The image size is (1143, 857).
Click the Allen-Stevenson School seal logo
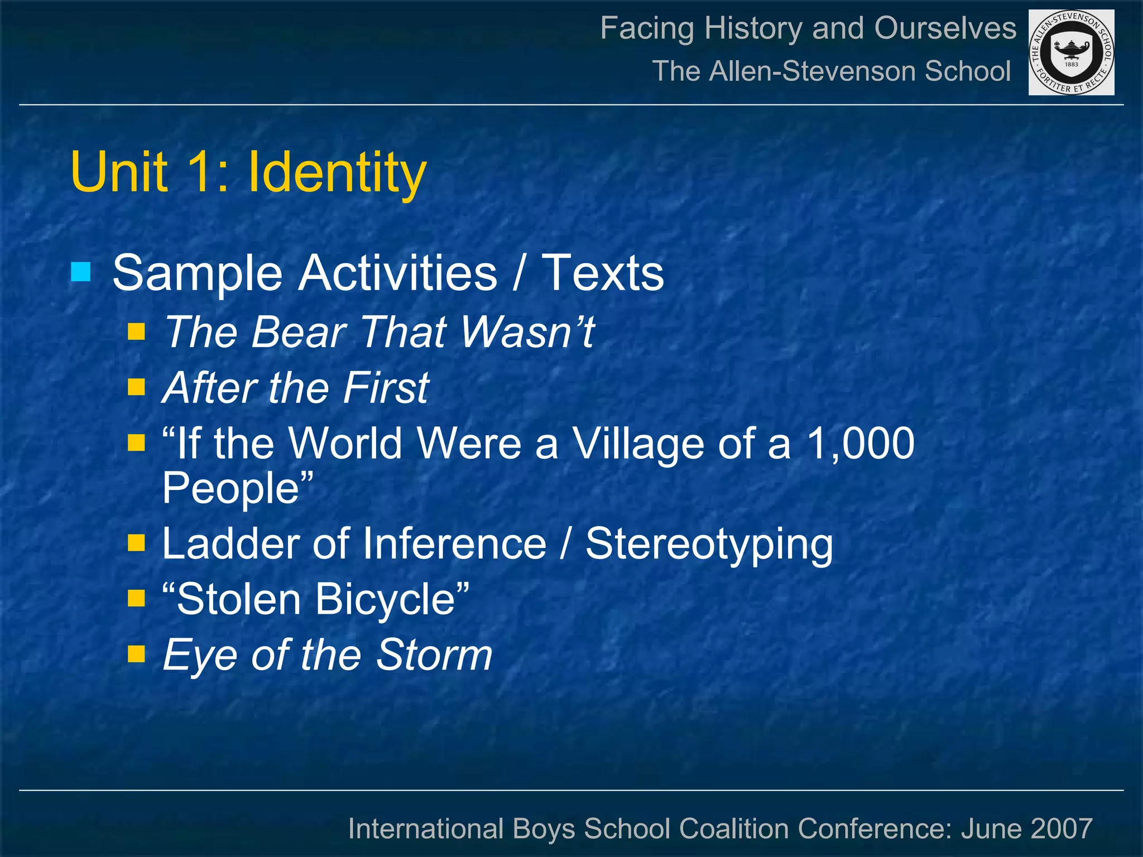click(1071, 52)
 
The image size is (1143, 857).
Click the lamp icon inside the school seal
click(1071, 49)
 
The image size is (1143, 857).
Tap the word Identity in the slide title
click(337, 172)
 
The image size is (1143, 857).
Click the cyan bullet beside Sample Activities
click(81, 273)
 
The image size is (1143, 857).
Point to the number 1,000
click(860, 444)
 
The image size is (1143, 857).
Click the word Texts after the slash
click(603, 273)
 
